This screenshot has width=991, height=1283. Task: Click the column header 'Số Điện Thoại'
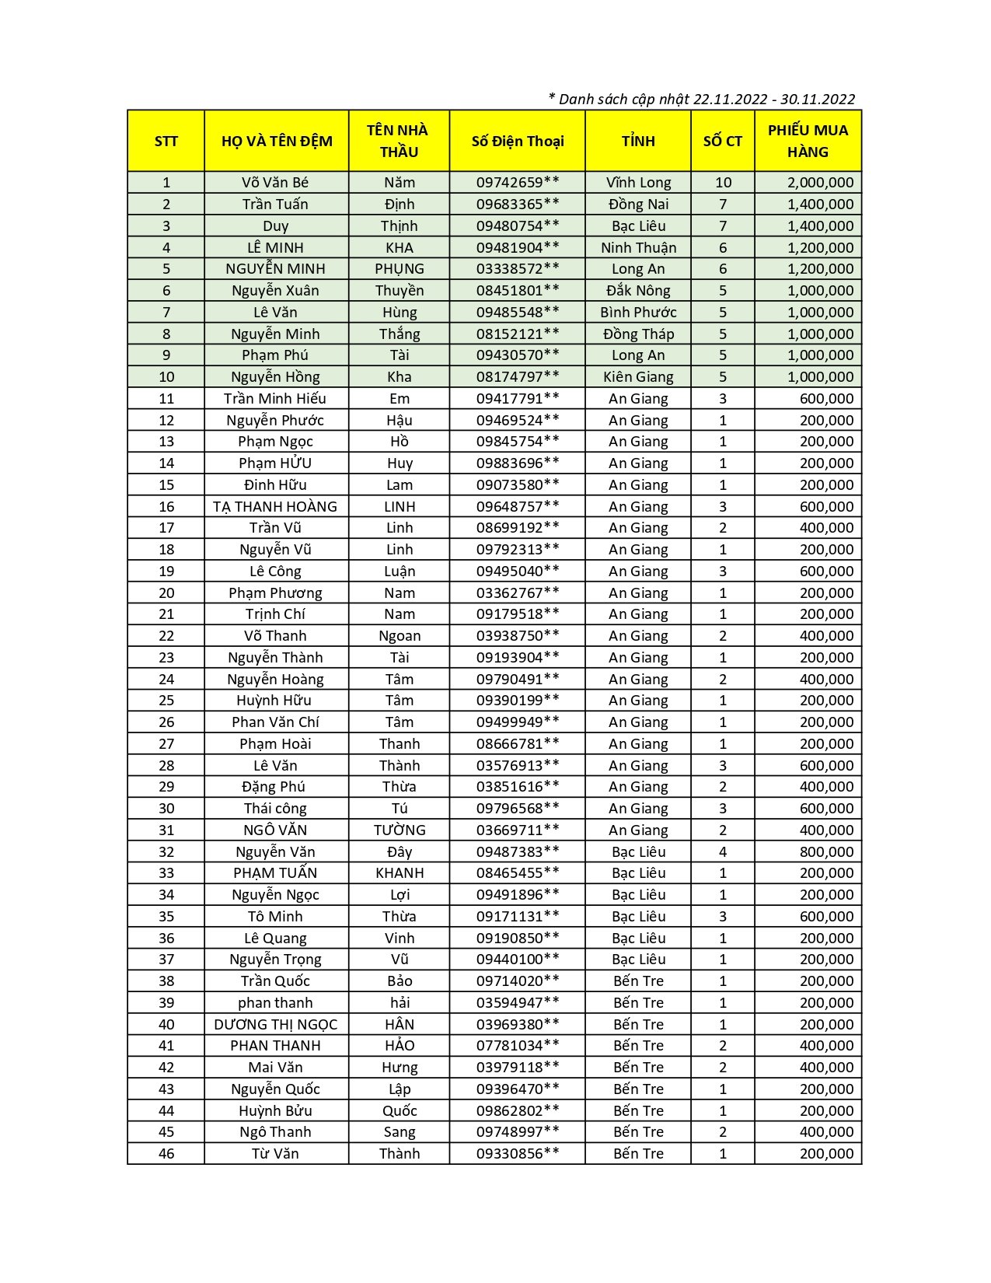coord(518,142)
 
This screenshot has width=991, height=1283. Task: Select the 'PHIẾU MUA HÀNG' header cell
coord(808,142)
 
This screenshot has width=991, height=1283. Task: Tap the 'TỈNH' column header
coord(638,142)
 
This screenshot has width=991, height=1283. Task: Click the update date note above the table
coord(701,99)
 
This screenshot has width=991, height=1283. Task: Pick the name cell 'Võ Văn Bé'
coord(275,183)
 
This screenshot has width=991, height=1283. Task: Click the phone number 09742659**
coord(518,183)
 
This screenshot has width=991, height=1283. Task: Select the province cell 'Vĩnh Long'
coord(638,183)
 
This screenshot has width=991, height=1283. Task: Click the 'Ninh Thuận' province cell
coord(638,248)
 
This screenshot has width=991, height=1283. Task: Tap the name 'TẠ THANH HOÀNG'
coord(275,507)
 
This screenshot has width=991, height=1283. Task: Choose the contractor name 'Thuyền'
coord(400,291)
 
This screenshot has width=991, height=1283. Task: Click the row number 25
coord(166,701)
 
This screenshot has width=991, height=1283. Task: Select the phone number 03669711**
coord(518,830)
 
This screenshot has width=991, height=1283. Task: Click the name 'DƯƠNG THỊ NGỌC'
coord(275,1025)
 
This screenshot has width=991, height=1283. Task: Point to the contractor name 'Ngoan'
coord(400,636)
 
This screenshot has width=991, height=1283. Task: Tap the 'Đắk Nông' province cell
coord(638,291)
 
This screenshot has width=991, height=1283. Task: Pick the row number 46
coord(166,1154)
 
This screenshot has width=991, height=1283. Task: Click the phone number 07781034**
coord(518,1046)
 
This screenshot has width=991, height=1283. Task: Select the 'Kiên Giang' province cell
coord(638,377)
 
